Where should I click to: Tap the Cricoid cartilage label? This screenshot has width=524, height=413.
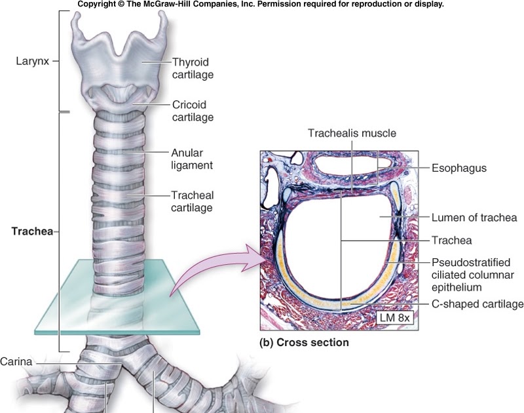click(x=193, y=110)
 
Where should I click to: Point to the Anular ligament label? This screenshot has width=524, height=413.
click(x=192, y=157)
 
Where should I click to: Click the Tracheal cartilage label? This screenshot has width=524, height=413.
click(x=192, y=201)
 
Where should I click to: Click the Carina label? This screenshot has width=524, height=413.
click(x=16, y=361)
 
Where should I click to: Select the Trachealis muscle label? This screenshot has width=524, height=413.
click(x=352, y=133)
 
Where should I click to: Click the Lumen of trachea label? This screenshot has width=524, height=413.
click(x=474, y=217)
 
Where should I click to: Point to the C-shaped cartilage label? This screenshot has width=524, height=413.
click(x=477, y=304)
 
